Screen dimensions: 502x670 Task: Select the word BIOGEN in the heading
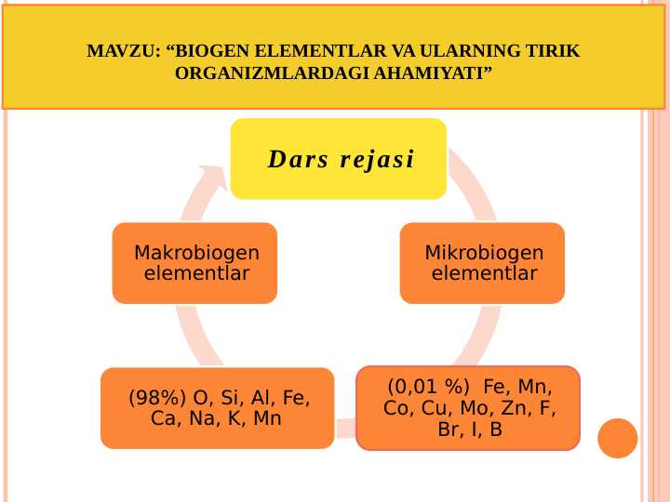click(217, 51)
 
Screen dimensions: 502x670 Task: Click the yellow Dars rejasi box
click(339, 159)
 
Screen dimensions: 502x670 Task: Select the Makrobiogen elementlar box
click(194, 263)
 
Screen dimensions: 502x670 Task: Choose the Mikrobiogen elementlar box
click(482, 263)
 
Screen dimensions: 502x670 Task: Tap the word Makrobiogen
click(196, 253)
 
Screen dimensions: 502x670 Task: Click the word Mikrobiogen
click(484, 253)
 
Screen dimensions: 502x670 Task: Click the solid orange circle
click(617, 438)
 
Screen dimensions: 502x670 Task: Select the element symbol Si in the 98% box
click(232, 399)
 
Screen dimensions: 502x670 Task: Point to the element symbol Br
click(449, 429)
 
